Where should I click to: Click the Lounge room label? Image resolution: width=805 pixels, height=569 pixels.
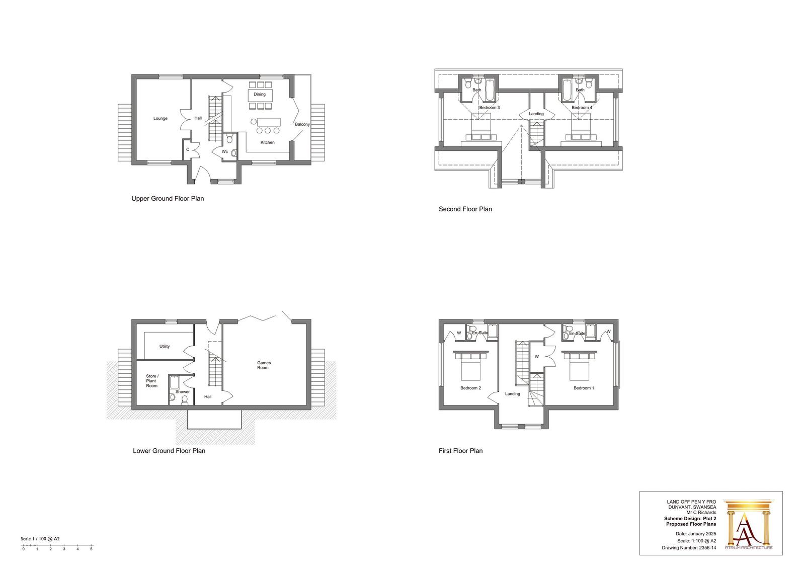[x=160, y=118]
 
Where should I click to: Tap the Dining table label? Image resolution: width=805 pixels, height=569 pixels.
[x=260, y=95]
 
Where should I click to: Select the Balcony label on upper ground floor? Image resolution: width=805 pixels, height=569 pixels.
[x=302, y=124]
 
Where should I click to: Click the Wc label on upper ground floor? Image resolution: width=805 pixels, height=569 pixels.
[x=224, y=152]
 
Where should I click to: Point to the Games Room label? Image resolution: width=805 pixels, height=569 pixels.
[x=264, y=365]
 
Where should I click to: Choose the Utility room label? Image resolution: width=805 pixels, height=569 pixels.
[x=165, y=347]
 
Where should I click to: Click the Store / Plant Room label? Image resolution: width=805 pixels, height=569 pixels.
[x=152, y=381]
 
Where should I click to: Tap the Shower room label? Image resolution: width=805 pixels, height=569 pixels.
[x=183, y=392]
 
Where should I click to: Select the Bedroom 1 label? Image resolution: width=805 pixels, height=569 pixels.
[x=584, y=388]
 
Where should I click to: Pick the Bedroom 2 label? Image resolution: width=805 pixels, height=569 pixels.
[x=470, y=388]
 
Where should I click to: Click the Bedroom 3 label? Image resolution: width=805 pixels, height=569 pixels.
[x=489, y=108]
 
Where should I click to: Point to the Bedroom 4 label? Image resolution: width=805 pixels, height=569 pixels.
[x=582, y=108]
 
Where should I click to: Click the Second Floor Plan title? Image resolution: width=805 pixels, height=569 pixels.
[x=465, y=209]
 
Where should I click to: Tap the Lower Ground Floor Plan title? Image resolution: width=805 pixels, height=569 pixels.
[x=169, y=451]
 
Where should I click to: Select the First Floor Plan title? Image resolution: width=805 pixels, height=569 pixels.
[x=460, y=451]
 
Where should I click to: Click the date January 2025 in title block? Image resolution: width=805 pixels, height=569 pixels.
[x=702, y=534]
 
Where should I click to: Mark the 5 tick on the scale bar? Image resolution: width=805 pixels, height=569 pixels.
[x=91, y=549]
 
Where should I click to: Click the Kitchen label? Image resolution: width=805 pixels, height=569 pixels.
[x=267, y=142]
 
